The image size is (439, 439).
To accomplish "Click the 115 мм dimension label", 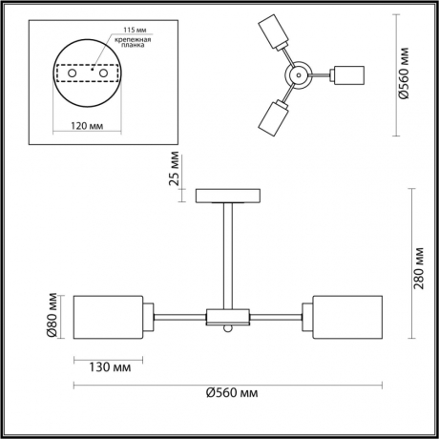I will pos(121,29).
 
